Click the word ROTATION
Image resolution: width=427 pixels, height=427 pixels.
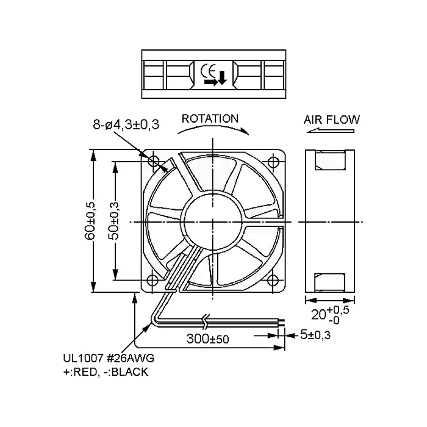tap(210, 119)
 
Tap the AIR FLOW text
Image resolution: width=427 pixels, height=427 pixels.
tap(332, 120)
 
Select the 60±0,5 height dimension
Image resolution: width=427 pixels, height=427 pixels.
tap(90, 221)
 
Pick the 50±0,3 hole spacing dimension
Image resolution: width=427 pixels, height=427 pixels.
tap(114, 221)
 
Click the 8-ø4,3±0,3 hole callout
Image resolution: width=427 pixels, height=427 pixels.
tap(126, 124)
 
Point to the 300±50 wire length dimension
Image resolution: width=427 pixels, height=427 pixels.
tap(207, 339)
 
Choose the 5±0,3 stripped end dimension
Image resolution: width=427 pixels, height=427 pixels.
tap(315, 335)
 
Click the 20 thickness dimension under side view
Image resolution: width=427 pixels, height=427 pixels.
tap(330, 315)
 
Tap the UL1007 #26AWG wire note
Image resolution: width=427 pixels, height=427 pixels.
tap(109, 358)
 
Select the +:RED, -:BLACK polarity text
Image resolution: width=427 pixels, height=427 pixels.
tap(106, 371)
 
